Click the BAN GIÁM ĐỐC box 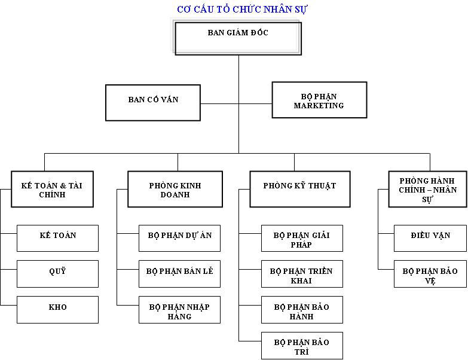coord(238,38)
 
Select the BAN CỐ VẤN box coord(153,103)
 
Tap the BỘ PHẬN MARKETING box coord(319,100)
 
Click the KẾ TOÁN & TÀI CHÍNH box coord(52,189)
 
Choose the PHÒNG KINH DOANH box coord(175,189)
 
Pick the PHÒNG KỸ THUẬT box coord(300,189)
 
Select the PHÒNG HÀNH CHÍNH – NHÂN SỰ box coord(428,189)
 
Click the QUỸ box coord(57,274)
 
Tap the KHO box coord(57,310)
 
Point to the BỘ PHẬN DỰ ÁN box coord(180,238)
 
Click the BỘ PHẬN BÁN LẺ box coord(180,274)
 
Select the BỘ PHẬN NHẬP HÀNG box coord(180,310)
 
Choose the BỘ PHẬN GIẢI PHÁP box coord(302,238)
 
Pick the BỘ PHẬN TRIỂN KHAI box coord(302,274)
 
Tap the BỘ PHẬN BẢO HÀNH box coord(302,310)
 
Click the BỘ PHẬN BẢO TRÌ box coord(302,346)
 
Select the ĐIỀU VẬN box coord(430,238)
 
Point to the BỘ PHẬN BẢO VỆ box coord(430,274)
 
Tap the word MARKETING coord(319,105)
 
